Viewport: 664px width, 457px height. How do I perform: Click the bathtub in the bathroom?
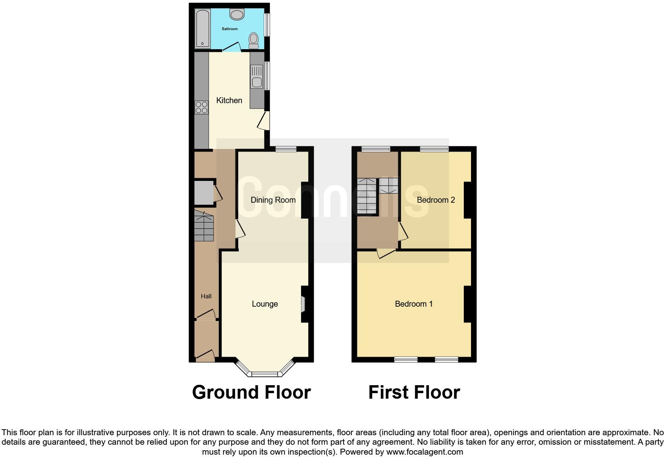(203, 29)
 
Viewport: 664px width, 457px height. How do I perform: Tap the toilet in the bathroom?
(253, 40)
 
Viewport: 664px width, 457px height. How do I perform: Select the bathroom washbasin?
(237, 15)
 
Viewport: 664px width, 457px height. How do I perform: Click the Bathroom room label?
(230, 29)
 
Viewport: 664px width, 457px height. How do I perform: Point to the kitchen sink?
(257, 83)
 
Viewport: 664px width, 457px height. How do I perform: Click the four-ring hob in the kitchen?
(201, 108)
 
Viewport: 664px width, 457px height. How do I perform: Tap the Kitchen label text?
(229, 100)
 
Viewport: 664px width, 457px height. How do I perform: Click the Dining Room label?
(273, 200)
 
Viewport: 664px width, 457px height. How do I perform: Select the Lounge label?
(264, 304)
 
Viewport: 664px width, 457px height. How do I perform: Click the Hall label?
(206, 296)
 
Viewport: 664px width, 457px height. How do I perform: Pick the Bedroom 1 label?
(413, 304)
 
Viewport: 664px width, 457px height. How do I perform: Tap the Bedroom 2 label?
(436, 200)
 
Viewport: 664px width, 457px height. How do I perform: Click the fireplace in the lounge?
(303, 304)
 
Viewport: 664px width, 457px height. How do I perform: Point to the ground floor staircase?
(204, 227)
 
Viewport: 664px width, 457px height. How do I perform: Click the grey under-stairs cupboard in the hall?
(203, 193)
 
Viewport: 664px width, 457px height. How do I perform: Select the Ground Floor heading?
(251, 392)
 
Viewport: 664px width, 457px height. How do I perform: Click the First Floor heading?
(414, 392)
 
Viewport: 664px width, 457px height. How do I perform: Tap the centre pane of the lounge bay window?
(265, 374)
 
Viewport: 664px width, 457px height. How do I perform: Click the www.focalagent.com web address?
(425, 452)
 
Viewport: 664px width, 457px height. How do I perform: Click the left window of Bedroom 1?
(406, 359)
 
